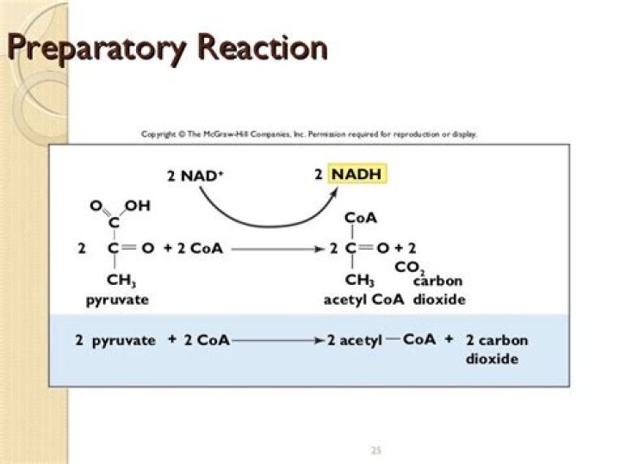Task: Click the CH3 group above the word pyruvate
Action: pyautogui.click(x=121, y=280)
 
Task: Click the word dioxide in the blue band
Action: pyautogui.click(x=492, y=358)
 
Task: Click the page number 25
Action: pyautogui.click(x=375, y=449)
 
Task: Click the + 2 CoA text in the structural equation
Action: pyautogui.click(x=193, y=249)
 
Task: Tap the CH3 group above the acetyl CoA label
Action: pyautogui.click(x=358, y=280)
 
